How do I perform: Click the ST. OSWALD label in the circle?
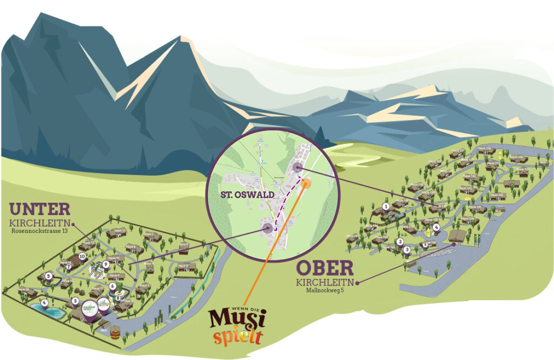(245, 193)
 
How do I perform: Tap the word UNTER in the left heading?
(39, 209)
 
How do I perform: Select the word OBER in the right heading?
(325, 268)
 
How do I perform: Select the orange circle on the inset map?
(306, 183)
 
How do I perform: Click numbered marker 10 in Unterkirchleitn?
(82, 257)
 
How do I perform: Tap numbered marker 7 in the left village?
(69, 266)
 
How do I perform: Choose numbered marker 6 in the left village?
(113, 286)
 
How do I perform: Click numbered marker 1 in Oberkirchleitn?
(386, 206)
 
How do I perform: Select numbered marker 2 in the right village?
(400, 242)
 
